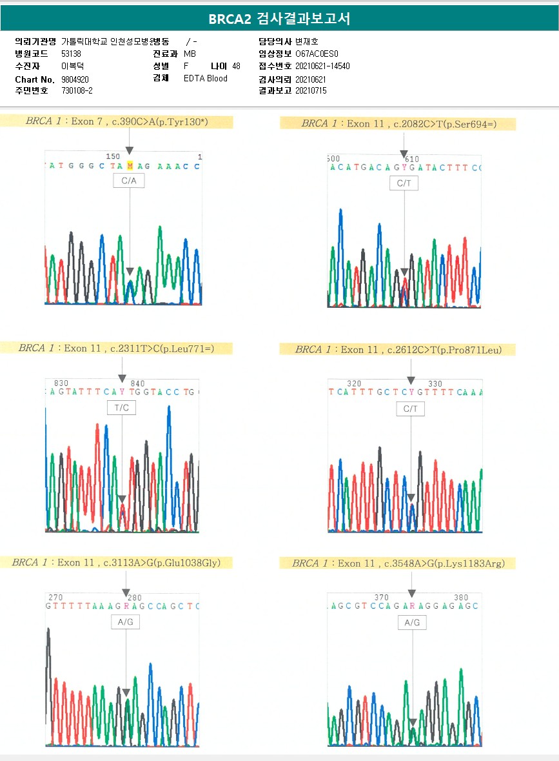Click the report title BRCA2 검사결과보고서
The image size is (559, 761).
pos(279,19)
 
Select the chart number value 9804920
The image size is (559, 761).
pos(75,79)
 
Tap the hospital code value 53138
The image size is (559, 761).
pos(71,54)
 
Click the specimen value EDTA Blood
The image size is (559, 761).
pos(206,79)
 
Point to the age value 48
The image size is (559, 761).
pos(236,66)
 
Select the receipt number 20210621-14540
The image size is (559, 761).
pos(322,66)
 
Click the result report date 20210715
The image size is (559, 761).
pos(311,91)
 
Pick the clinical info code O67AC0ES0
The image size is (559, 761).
pos(317,54)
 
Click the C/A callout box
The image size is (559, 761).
pos(129,181)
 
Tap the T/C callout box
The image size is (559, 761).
pos(121,408)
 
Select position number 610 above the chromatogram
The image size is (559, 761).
pos(411,159)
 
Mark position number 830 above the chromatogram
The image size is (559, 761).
pos(61,383)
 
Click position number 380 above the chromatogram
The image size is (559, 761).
pos(460,598)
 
